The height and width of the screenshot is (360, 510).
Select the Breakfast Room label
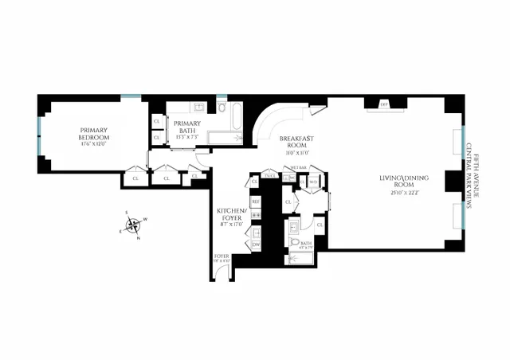[296, 141]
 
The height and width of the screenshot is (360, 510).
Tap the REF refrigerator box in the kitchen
[256, 202]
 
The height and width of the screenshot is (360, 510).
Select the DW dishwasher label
[256, 245]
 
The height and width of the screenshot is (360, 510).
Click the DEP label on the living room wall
[383, 104]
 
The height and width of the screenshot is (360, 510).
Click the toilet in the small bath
[294, 243]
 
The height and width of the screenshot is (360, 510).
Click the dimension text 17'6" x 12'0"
[92, 144]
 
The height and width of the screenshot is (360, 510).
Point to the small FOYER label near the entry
[221, 256]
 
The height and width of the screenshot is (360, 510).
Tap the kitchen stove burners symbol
[256, 232]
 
